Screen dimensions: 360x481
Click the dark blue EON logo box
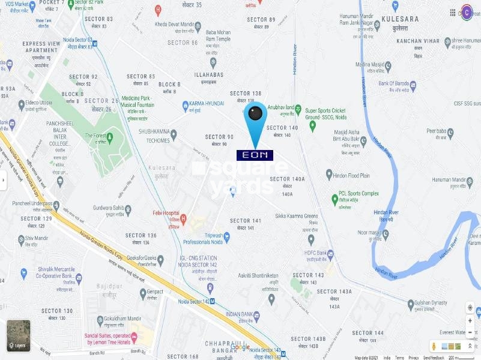coord(255,155)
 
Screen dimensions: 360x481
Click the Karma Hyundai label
coord(207,103)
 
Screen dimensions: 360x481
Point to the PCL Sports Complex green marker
coord(334,199)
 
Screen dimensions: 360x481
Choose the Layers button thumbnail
coord(19,335)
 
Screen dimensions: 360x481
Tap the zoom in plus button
coord(470,320)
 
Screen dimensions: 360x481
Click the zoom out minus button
coord(470,332)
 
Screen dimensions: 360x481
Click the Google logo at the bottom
coord(240,347)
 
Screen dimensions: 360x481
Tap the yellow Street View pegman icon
coord(433,346)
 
